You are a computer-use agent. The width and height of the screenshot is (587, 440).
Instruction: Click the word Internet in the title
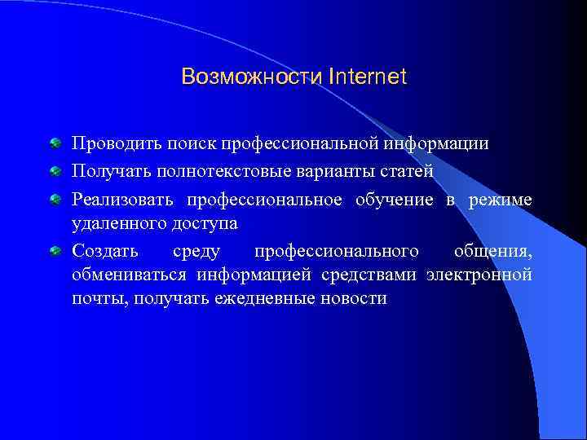coord(369,77)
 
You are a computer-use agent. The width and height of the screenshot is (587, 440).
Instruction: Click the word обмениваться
coord(130,274)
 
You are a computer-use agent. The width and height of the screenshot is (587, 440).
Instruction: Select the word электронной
coord(479,274)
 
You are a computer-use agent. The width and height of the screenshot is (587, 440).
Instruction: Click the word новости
coord(355,298)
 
